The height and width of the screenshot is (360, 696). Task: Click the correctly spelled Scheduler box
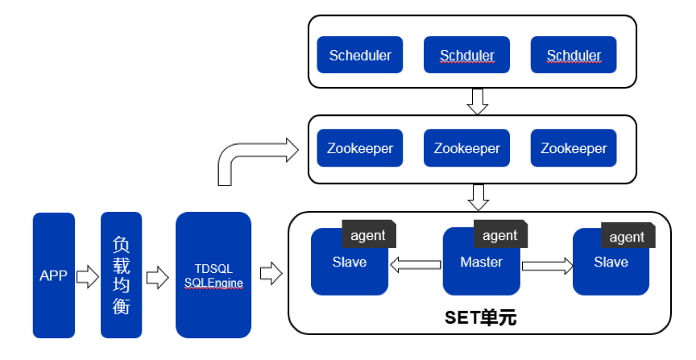pyautogui.click(x=360, y=55)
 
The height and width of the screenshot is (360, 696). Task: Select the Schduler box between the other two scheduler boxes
pyautogui.click(x=466, y=55)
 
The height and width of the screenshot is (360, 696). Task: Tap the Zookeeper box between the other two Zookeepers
pyautogui.click(x=466, y=148)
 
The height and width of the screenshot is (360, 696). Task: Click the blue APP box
pyautogui.click(x=53, y=275)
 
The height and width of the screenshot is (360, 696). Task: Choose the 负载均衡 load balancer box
pyautogui.click(x=121, y=275)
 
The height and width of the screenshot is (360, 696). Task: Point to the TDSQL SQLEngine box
pyautogui.click(x=213, y=275)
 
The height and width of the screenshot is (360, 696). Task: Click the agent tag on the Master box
pyautogui.click(x=499, y=235)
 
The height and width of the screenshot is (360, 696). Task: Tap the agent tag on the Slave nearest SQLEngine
pyautogui.click(x=368, y=235)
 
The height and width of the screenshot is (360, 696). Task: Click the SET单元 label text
pyautogui.click(x=481, y=317)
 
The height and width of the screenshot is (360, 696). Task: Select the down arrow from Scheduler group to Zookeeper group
pyautogui.click(x=478, y=100)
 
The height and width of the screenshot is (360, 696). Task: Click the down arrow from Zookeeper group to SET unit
pyautogui.click(x=478, y=196)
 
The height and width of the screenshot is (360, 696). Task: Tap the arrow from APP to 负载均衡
pyautogui.click(x=86, y=277)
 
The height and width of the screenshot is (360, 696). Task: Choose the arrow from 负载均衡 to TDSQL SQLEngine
pyautogui.click(x=157, y=277)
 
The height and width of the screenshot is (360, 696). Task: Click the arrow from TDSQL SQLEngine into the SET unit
pyautogui.click(x=271, y=273)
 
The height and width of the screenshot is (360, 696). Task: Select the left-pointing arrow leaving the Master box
pyautogui.click(x=415, y=263)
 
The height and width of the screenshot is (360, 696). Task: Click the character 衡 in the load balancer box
pyautogui.click(x=121, y=307)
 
